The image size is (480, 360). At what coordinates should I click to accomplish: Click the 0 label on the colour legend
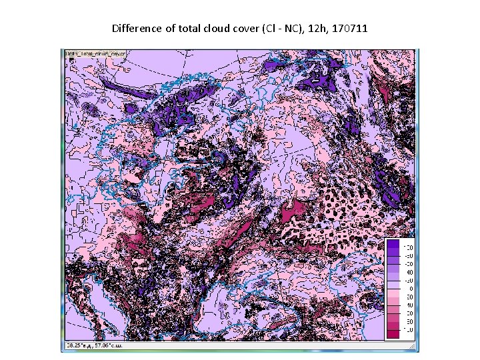pyautogui.click(x=409, y=287)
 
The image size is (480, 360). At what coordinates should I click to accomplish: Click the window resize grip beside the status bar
pyautogui.click(x=413, y=347)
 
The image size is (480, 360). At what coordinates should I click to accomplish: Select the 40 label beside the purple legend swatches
pyautogui.click(x=409, y=272)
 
